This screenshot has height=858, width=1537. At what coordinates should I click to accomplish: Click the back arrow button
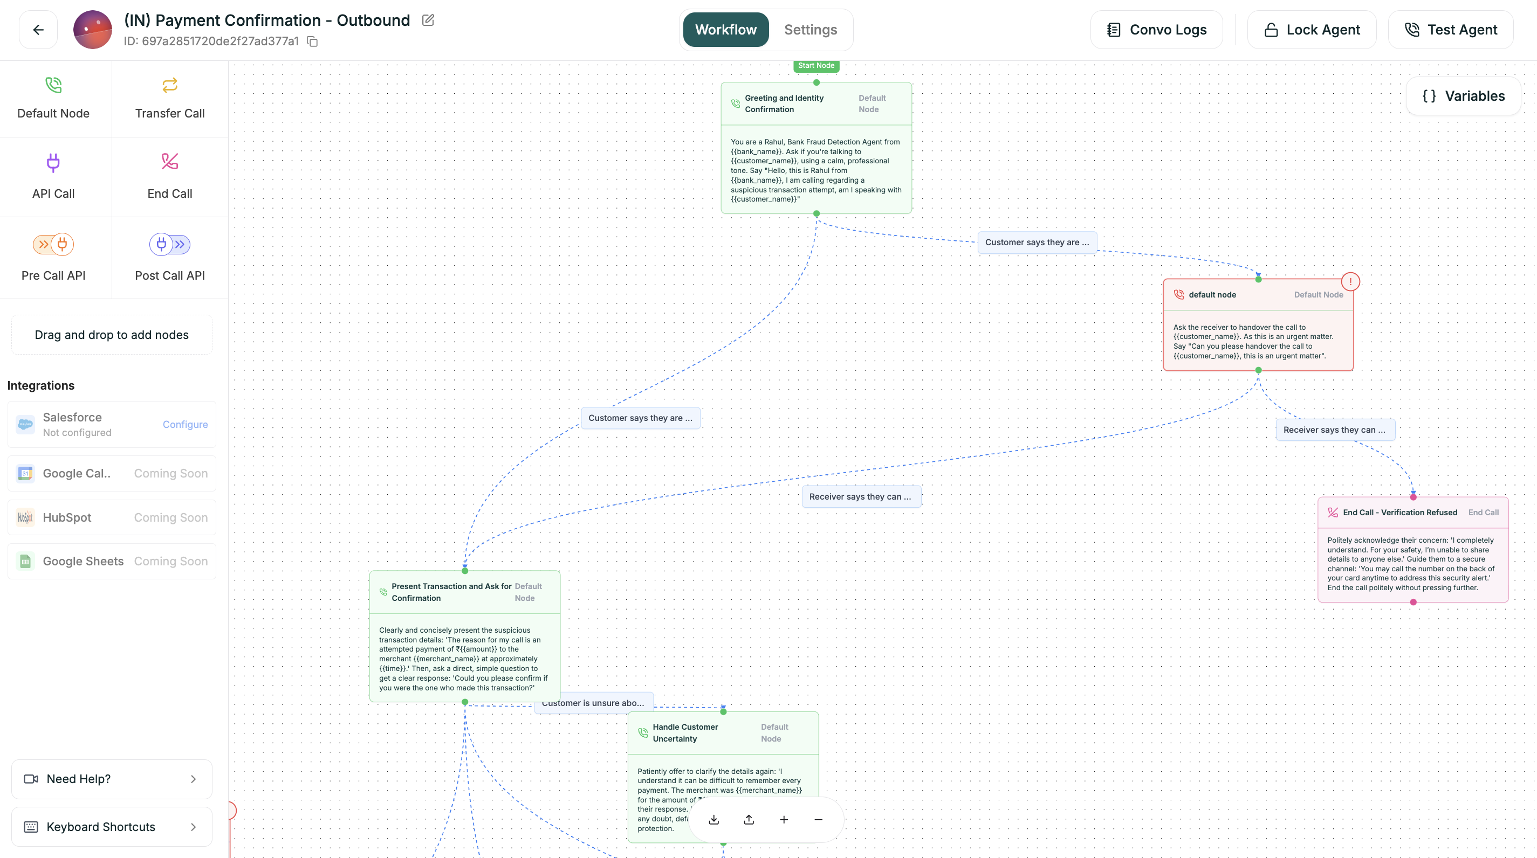tap(38, 30)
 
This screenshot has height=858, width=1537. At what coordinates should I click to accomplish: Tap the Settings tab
tap(810, 30)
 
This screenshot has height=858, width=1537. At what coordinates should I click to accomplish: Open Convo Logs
tap(1156, 30)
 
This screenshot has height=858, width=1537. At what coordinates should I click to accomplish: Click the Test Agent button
tap(1451, 30)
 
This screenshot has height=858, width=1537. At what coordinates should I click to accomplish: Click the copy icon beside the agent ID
tap(312, 41)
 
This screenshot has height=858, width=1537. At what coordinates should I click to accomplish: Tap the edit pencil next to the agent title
tap(428, 20)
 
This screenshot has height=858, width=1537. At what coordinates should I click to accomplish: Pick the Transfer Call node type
tap(169, 99)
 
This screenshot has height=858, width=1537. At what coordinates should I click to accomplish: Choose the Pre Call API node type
tap(53, 258)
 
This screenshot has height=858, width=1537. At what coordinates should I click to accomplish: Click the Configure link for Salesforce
tap(185, 424)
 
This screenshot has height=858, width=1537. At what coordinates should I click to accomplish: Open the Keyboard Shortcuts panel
tap(112, 826)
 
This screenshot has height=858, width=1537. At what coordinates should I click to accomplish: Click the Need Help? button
tap(112, 779)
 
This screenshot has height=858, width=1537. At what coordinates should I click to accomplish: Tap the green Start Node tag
tap(815, 66)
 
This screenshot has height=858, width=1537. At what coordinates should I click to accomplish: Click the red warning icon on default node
tap(1350, 281)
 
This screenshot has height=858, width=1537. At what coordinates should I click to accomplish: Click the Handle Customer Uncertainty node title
tap(685, 733)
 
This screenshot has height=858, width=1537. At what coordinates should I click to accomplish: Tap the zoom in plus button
tap(784, 820)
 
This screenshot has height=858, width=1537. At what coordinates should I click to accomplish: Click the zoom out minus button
tap(818, 820)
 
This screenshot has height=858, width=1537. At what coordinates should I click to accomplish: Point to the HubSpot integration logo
tap(25, 517)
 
